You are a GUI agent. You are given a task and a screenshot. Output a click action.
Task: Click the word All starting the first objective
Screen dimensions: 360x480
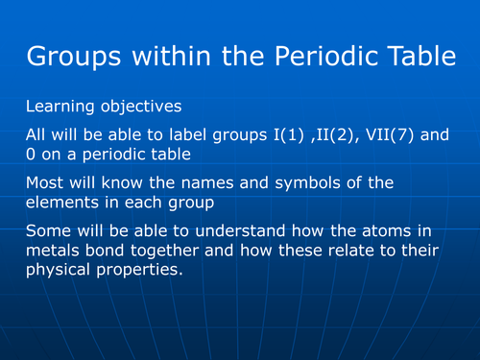tap(37, 135)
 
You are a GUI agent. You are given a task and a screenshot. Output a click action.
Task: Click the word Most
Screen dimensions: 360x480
tap(46, 182)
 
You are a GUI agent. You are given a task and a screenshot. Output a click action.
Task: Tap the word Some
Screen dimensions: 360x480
tap(49, 231)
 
